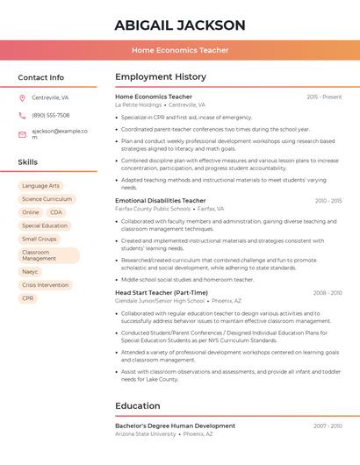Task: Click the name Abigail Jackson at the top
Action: (x=179, y=25)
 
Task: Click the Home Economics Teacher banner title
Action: (x=180, y=50)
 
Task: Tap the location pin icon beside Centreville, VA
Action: (x=22, y=97)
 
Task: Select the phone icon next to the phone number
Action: (x=22, y=115)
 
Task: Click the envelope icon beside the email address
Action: (x=22, y=134)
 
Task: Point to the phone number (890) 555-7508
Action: (x=51, y=115)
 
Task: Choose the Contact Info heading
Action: (x=40, y=77)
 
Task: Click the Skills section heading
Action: (x=28, y=162)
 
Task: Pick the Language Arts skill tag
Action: (x=40, y=186)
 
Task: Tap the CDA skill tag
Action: (x=56, y=212)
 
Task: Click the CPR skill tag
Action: (x=28, y=298)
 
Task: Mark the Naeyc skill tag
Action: (x=31, y=272)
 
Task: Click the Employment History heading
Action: (x=161, y=77)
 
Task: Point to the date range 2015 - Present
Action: (x=324, y=97)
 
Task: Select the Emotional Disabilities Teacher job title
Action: (x=160, y=201)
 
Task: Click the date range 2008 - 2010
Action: (x=328, y=292)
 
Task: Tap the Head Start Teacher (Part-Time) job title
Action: (x=162, y=292)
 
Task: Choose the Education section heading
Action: (x=137, y=406)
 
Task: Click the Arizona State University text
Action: (x=145, y=433)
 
